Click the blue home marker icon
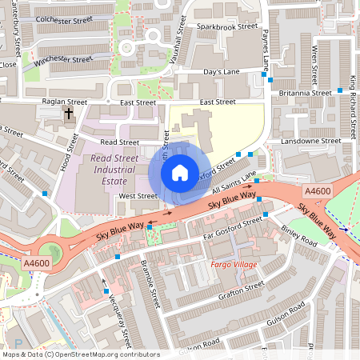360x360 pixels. (x=180, y=172)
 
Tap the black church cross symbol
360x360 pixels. (x=68, y=114)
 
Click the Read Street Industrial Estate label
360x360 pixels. (x=110, y=169)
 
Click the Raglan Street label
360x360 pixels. (x=64, y=102)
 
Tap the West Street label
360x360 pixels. (x=138, y=195)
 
